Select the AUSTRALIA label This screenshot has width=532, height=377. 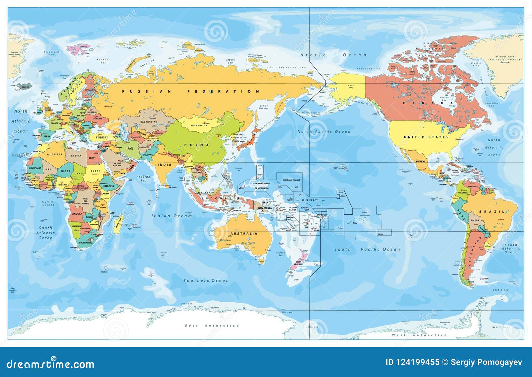pos(244,234)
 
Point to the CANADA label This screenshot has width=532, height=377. pos(428,103)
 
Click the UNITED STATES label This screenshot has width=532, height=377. pos(426,137)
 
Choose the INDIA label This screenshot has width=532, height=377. pos(165,165)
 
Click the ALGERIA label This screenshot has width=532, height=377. pos(55,154)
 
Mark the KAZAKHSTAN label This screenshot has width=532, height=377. pos(149,122)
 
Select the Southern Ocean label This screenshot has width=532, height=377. pos(206,281)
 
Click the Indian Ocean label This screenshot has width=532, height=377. pos(172,216)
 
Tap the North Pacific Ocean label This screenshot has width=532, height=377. pos(324,132)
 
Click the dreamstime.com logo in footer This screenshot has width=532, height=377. pos(51,364)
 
